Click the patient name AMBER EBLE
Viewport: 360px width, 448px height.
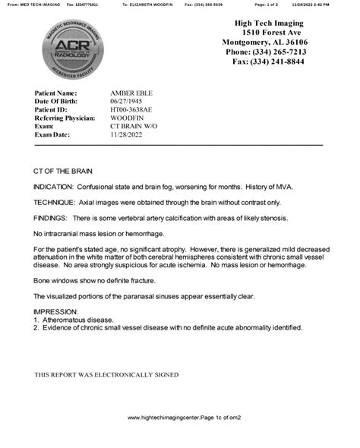tap(131, 93)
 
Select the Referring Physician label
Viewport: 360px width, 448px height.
tap(65, 118)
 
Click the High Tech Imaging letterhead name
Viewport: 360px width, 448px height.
tap(272, 24)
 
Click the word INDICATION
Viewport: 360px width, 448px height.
tap(53, 187)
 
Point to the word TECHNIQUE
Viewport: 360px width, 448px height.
tap(54, 202)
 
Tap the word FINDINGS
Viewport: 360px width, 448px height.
tap(51, 216)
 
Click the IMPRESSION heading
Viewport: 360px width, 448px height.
tap(55, 312)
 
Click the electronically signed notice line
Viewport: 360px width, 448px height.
tap(106, 375)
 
